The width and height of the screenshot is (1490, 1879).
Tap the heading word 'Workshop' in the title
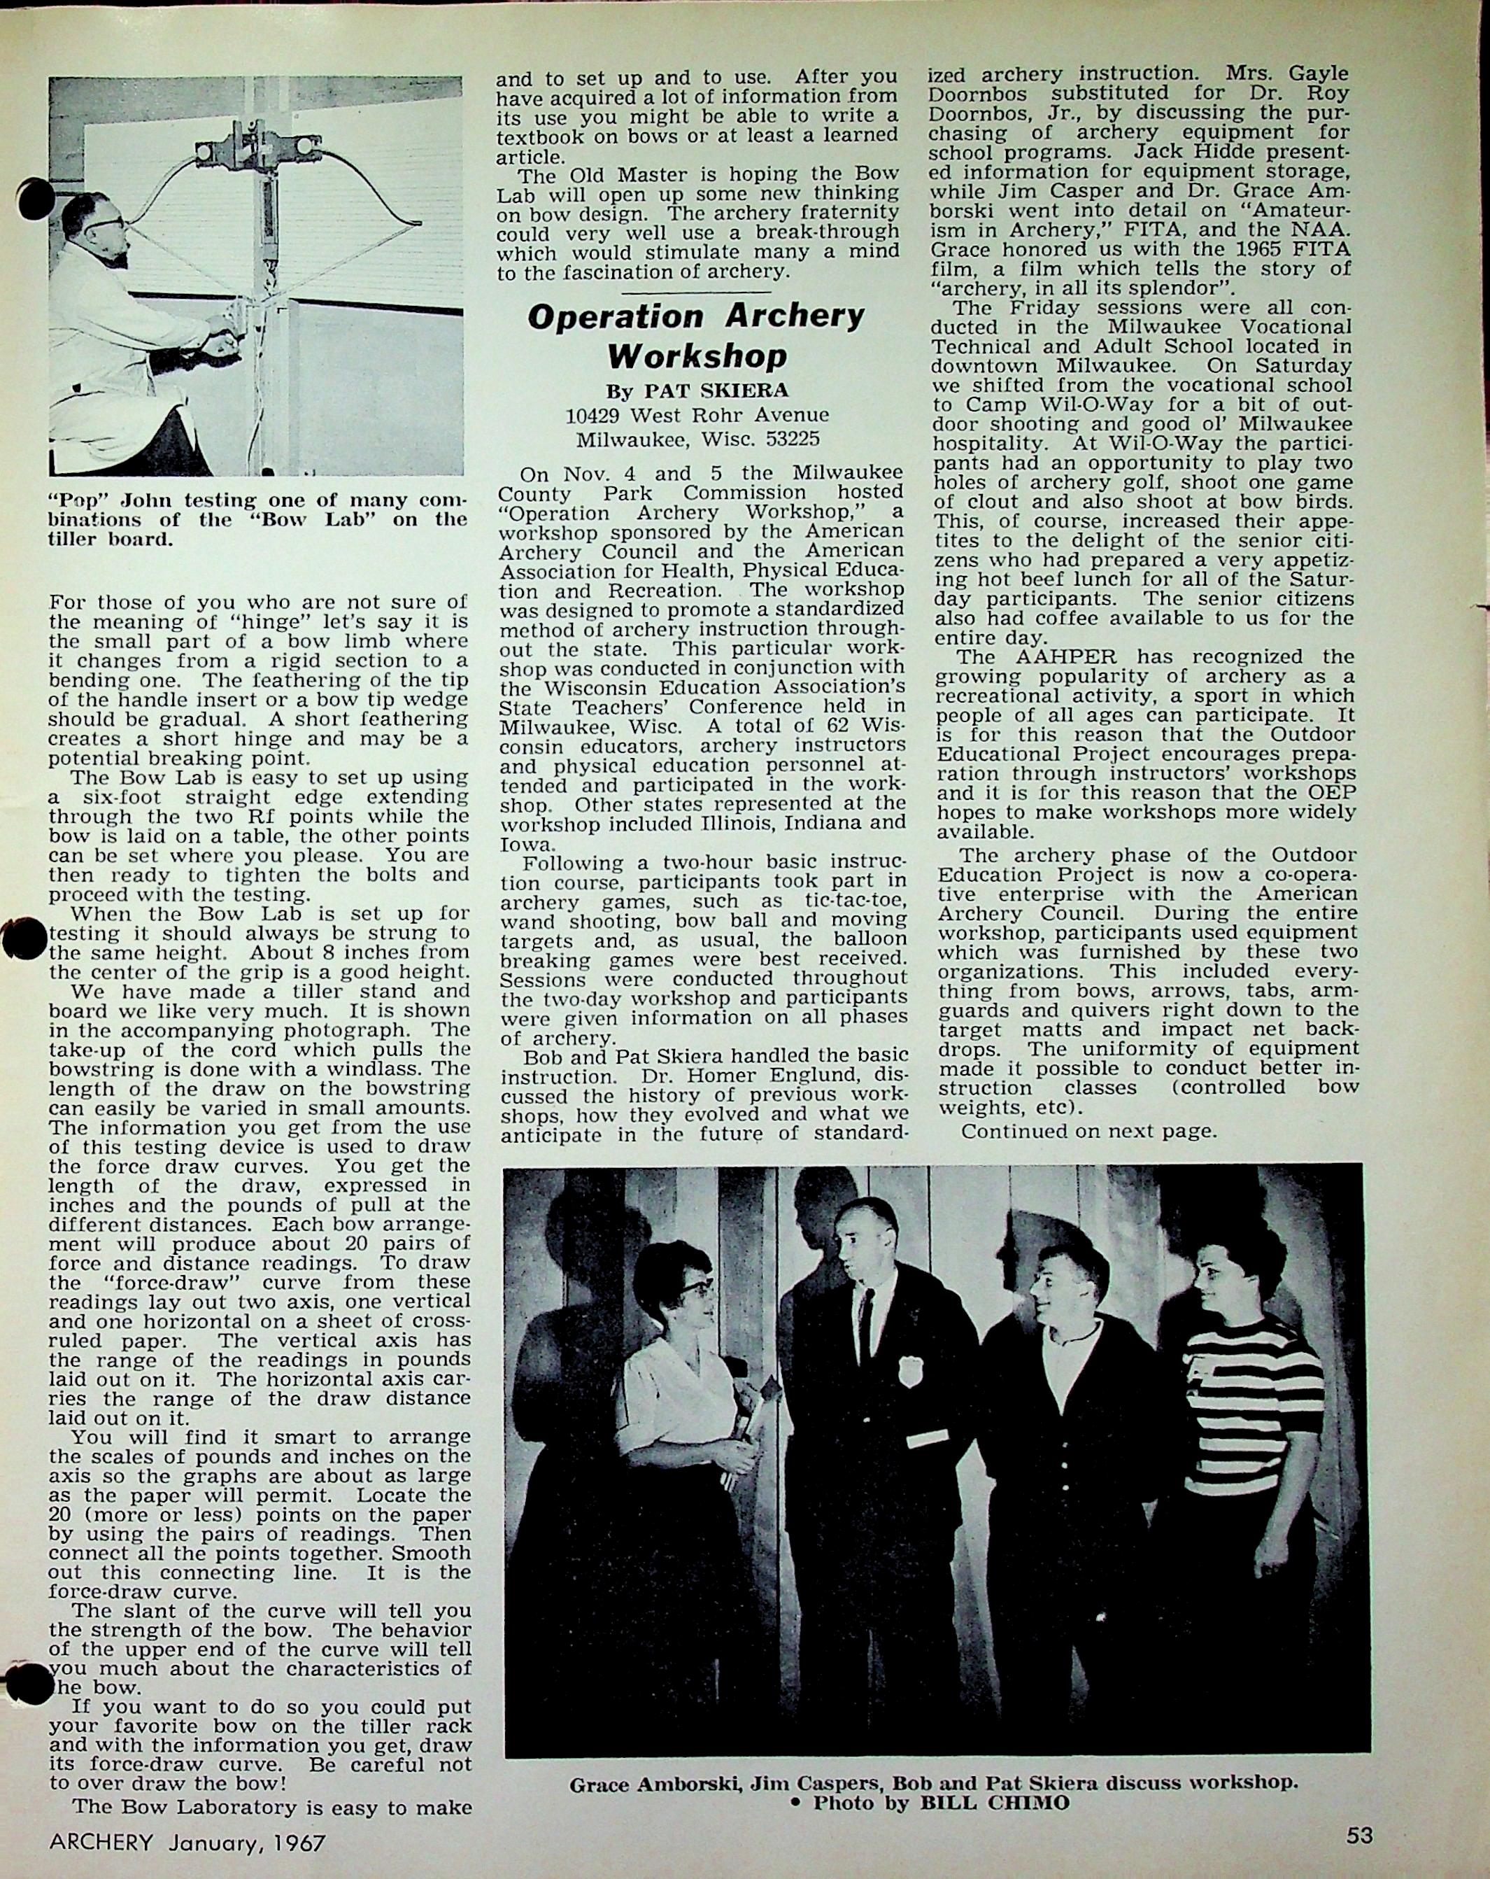697,356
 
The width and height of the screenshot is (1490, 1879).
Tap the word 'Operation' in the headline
615,316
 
